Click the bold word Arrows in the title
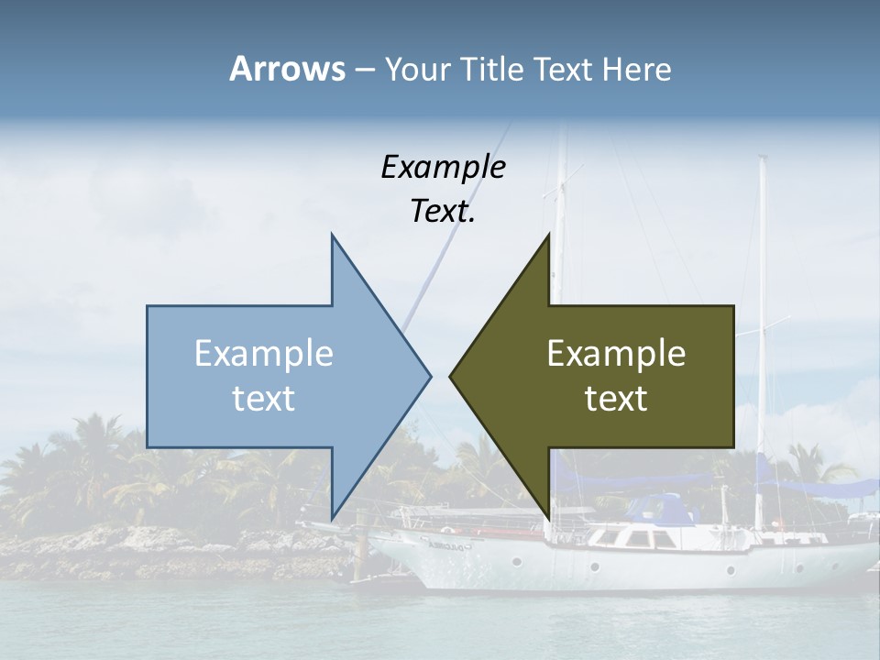[x=288, y=69]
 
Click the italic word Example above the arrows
[x=443, y=167]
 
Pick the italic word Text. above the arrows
[x=443, y=212]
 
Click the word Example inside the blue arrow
[x=264, y=354]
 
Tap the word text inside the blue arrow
[x=264, y=398]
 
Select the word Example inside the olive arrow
[x=616, y=354]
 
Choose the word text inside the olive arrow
[x=616, y=398]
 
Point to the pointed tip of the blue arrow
[x=430, y=376]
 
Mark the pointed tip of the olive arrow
[x=450, y=376]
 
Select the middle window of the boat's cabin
[x=633, y=539]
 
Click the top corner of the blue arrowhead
[x=332, y=235]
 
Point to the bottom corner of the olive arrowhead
[x=548, y=519]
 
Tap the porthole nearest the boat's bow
[x=517, y=560]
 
